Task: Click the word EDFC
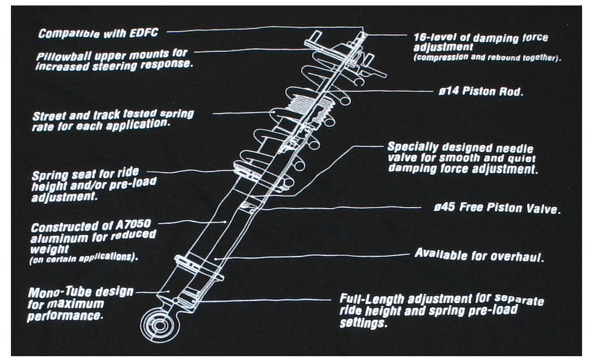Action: point(143,33)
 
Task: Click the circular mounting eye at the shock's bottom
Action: point(160,326)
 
